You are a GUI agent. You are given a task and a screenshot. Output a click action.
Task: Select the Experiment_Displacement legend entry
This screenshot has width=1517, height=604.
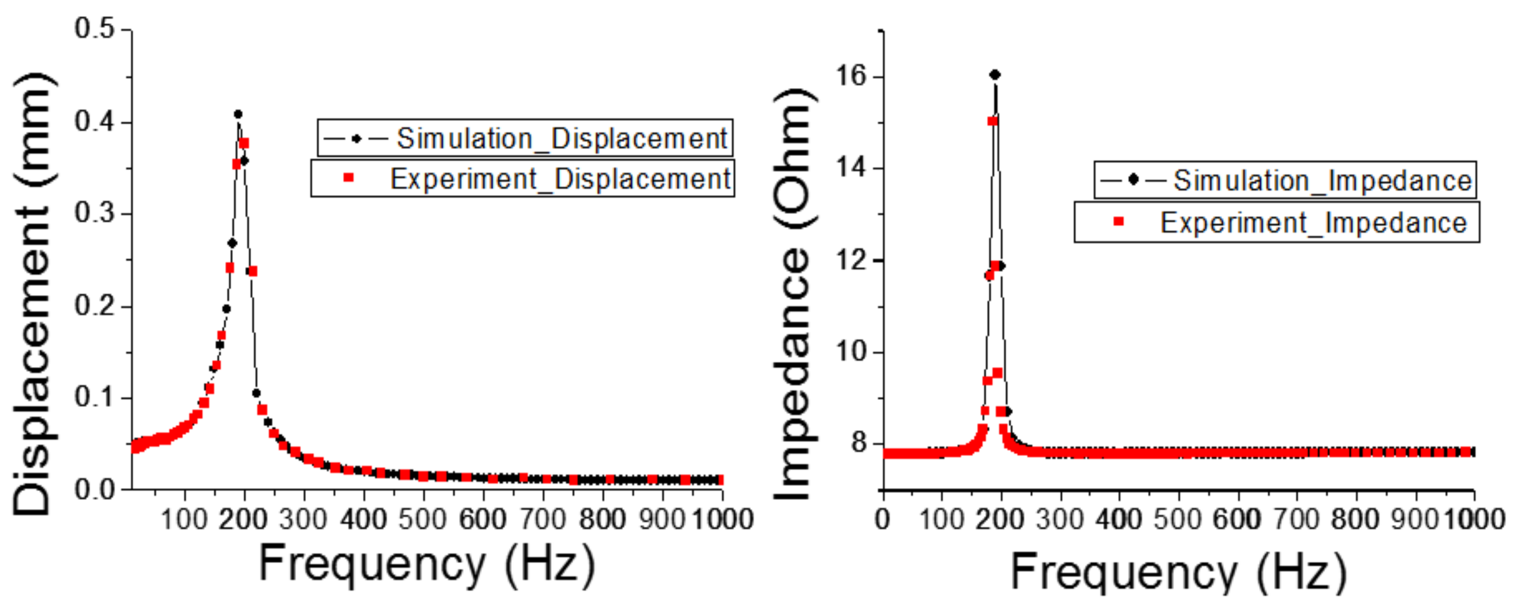[523, 178]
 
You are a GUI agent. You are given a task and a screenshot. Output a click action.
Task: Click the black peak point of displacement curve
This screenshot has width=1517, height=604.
[238, 114]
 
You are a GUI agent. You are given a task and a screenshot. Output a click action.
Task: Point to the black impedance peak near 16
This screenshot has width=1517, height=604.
[994, 75]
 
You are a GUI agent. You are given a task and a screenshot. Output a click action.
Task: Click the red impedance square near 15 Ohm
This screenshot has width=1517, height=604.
[992, 121]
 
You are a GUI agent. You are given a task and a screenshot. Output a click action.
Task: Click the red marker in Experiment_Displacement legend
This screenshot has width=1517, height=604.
[348, 177]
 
